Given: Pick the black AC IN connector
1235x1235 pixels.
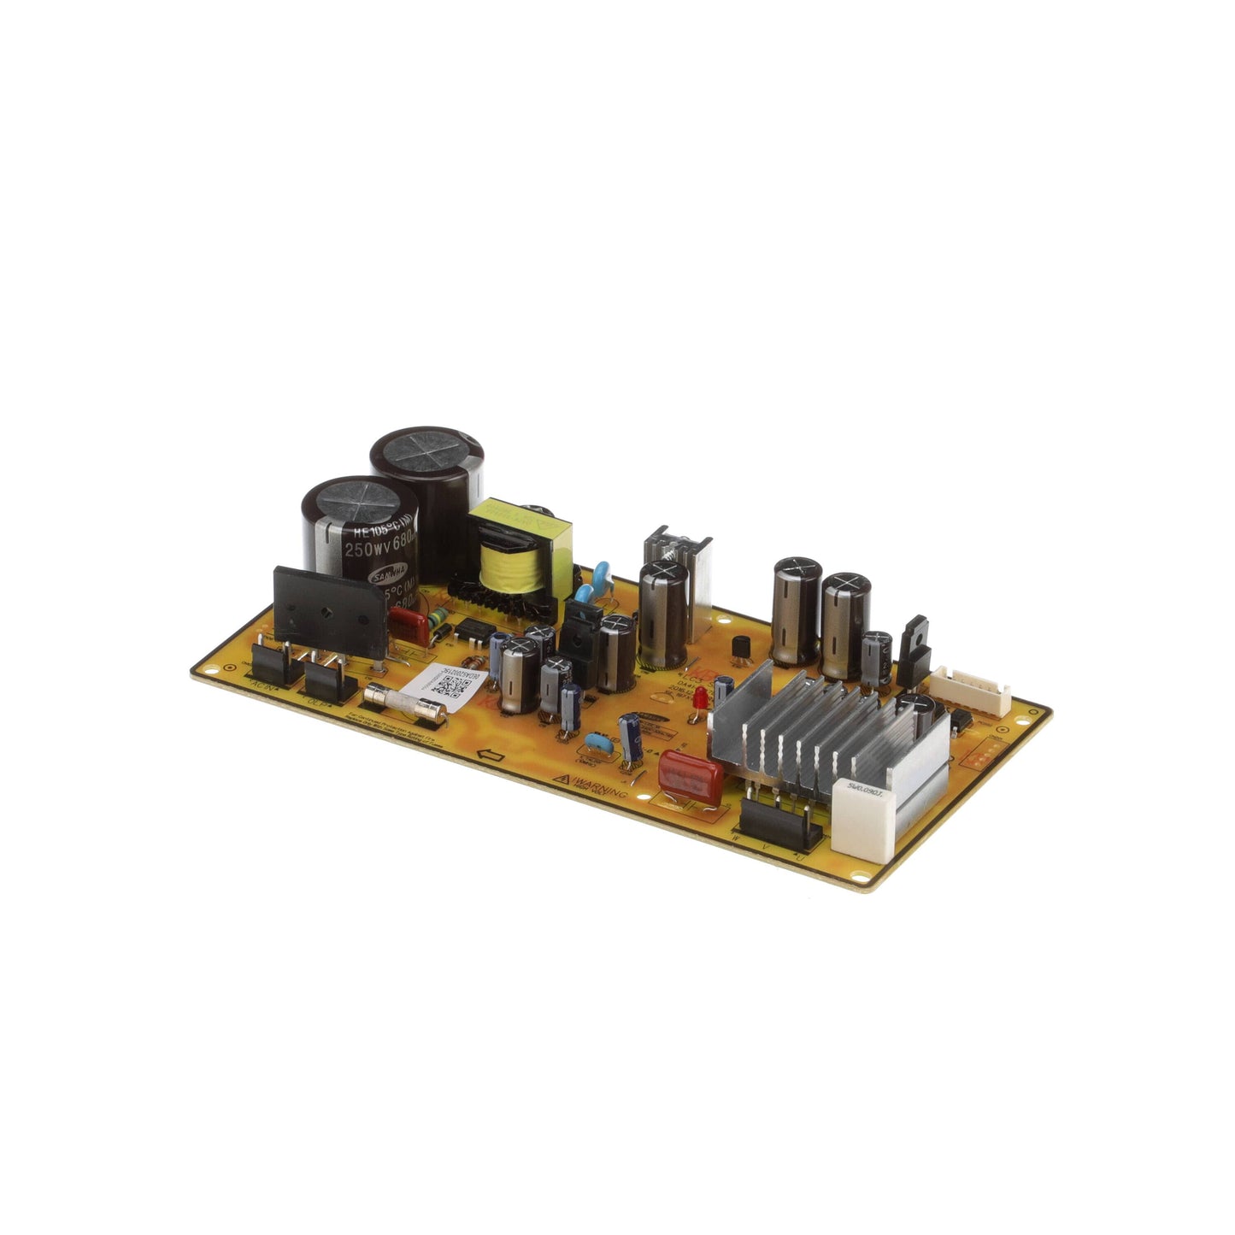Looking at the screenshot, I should click(x=273, y=666).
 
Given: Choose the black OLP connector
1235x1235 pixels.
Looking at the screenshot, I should click(x=329, y=679).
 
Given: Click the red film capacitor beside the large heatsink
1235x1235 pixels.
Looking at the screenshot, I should click(x=689, y=777).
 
